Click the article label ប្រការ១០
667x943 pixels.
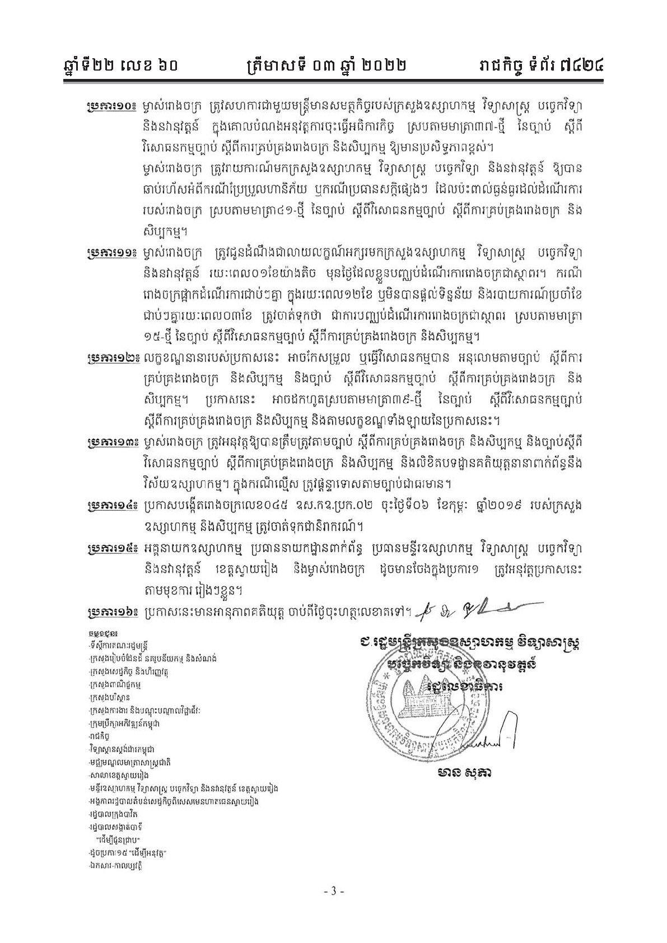coord(112,106)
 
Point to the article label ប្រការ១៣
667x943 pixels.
coord(112,444)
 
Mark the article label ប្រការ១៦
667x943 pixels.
coord(112,612)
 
